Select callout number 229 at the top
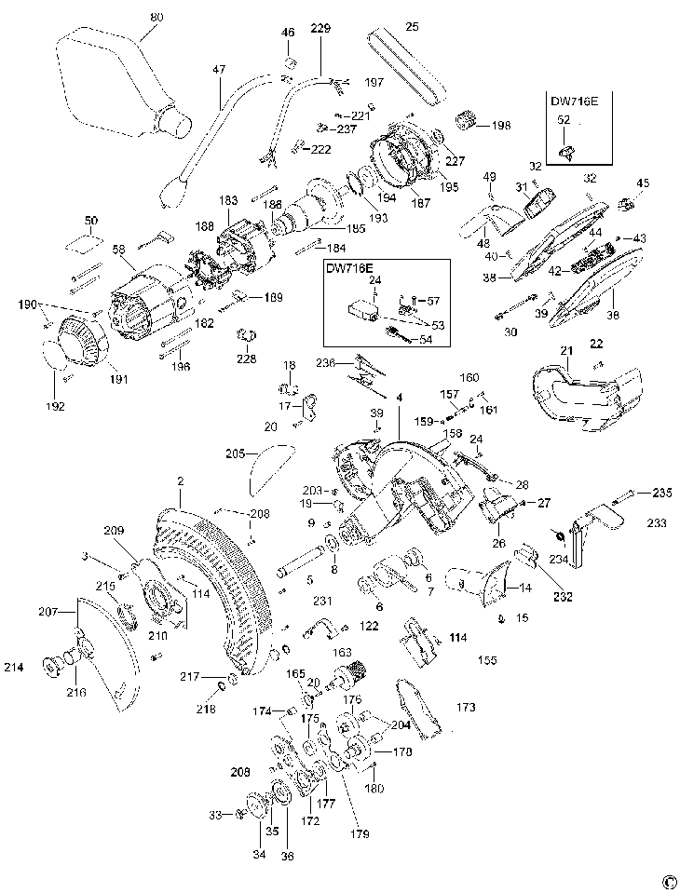(320, 30)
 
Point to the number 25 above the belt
(412, 25)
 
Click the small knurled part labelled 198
(465, 121)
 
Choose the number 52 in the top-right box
(564, 119)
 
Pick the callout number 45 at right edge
(643, 183)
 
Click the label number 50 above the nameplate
(90, 221)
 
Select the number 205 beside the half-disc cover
(235, 453)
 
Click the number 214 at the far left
(13, 667)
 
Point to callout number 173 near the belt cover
(466, 708)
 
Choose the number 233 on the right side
(658, 524)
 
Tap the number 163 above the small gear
(342, 653)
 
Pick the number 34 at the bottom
(259, 854)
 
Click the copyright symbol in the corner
(668, 880)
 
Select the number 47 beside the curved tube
(220, 69)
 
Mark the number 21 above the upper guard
(565, 349)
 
